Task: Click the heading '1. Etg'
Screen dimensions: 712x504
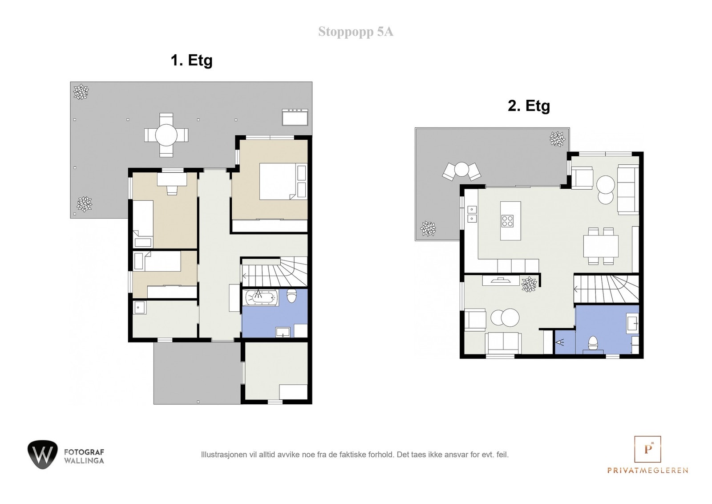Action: (192, 61)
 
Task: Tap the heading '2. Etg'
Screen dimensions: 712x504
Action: (529, 106)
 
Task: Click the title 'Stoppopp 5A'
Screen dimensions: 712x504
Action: (356, 32)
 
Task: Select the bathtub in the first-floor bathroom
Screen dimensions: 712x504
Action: (260, 297)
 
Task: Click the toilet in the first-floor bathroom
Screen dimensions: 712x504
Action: (291, 295)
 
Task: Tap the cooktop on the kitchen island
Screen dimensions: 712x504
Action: (507, 221)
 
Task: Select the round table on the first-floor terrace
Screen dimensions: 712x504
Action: (166, 135)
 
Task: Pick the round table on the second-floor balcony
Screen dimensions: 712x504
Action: (461, 169)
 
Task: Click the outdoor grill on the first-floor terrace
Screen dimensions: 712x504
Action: (295, 117)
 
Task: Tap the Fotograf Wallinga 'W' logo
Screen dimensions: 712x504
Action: (43, 455)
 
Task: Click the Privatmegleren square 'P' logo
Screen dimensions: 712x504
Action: (647, 449)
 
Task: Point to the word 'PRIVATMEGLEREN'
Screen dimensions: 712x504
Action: (648, 471)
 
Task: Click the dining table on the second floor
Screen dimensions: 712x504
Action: (601, 246)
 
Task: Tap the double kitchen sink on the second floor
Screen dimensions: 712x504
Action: (472, 214)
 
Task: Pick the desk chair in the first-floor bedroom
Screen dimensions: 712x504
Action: (172, 190)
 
